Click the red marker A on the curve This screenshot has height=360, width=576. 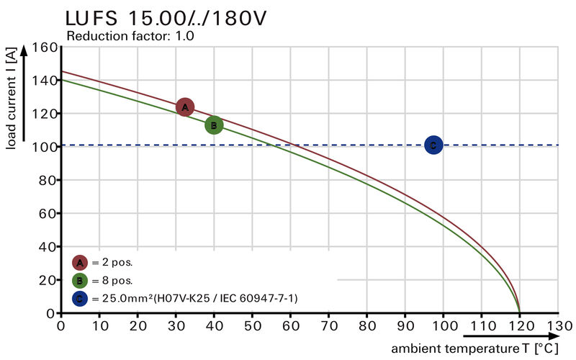[x=185, y=107]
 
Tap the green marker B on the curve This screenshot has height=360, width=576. [x=214, y=125]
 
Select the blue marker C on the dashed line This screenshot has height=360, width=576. [x=433, y=145]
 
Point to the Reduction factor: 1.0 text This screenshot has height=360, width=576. [x=130, y=35]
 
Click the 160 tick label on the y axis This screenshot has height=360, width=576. [x=45, y=48]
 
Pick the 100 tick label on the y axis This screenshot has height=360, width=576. [x=45, y=148]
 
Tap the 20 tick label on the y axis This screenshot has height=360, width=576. [x=49, y=280]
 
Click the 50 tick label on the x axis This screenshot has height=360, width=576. [x=252, y=325]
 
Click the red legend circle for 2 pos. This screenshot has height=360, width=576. [x=80, y=263]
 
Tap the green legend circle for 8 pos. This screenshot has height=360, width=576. [x=80, y=280]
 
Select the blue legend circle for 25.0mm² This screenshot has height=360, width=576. [x=80, y=297]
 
